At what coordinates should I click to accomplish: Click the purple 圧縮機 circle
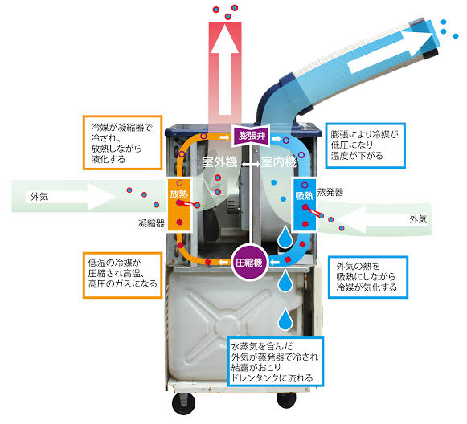(249, 262)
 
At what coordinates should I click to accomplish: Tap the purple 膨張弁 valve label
(252, 136)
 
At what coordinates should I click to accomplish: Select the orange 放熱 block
(179, 205)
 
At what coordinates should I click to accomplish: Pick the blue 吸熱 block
(305, 205)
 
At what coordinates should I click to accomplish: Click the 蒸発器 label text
(330, 192)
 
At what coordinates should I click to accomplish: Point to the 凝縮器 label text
(151, 223)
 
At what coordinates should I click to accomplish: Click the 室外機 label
(219, 162)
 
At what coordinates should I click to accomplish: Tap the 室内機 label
(279, 162)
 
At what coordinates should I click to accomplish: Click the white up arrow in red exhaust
(224, 70)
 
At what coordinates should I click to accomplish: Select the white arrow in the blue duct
(391, 53)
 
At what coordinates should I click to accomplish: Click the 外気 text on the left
(39, 197)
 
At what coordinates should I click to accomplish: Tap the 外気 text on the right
(418, 219)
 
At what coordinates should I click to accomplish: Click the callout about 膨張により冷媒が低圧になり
(366, 145)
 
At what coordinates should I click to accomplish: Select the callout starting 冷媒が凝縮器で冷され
(123, 142)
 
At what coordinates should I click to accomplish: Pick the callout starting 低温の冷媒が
(123, 275)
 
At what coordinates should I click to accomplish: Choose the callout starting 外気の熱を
(368, 277)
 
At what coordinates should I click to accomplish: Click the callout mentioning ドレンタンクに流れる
(276, 362)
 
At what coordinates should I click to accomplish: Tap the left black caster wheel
(184, 404)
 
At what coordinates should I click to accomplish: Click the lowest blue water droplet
(285, 319)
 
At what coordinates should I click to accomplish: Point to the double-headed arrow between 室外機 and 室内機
(250, 164)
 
